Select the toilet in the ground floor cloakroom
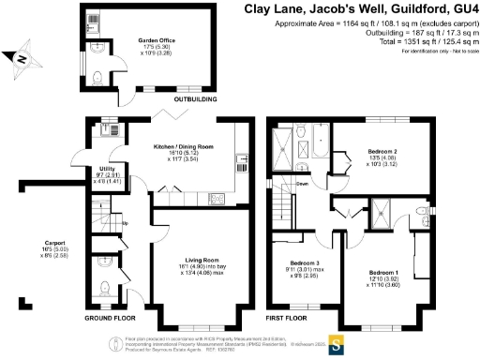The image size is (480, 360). click(x=105, y=287)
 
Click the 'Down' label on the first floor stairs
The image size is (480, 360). click(x=302, y=184)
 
